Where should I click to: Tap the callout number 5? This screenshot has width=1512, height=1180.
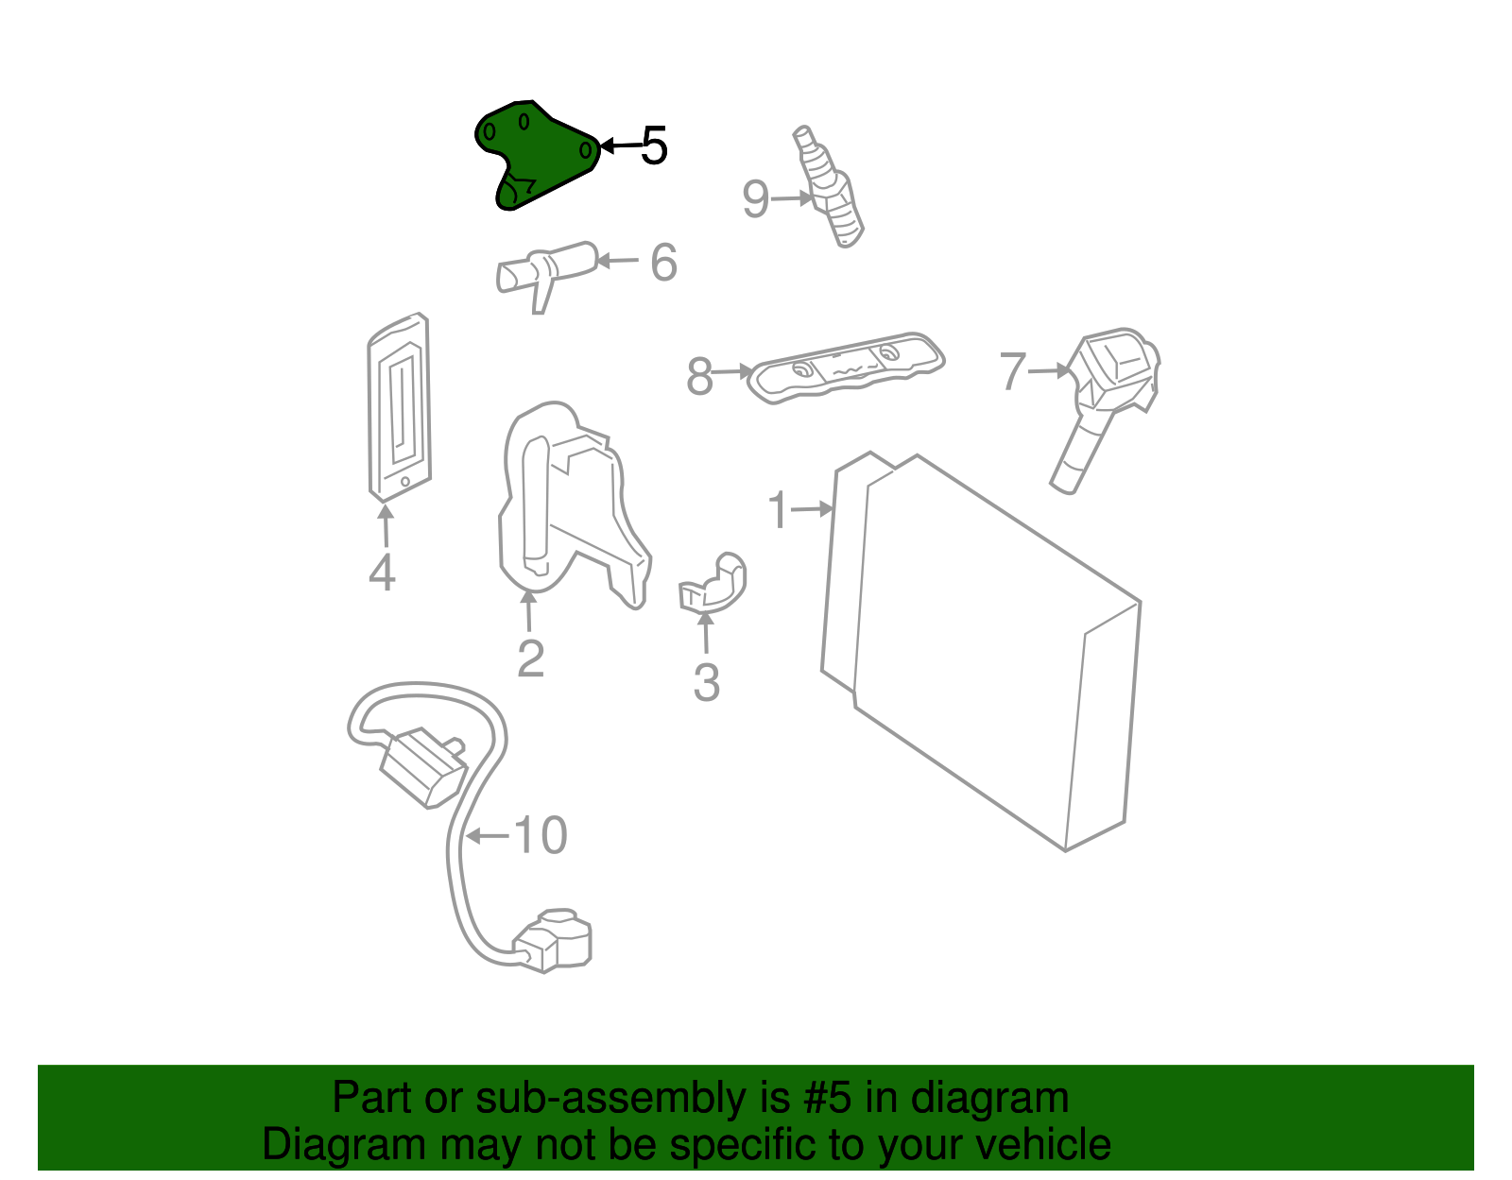pyautogui.click(x=654, y=146)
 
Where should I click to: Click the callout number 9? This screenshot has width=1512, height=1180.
pyautogui.click(x=755, y=199)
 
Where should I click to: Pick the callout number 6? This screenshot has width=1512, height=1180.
pyautogui.click(x=663, y=263)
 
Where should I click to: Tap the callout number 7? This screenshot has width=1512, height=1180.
pyautogui.click(x=1012, y=370)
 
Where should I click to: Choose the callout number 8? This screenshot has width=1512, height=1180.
pyautogui.click(x=699, y=376)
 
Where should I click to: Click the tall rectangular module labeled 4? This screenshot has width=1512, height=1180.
pyautogui.click(x=399, y=406)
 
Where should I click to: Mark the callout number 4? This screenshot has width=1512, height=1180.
pyautogui.click(x=382, y=573)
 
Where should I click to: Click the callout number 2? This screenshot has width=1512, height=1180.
pyautogui.click(x=530, y=658)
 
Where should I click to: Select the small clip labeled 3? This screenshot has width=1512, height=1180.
pyautogui.click(x=713, y=583)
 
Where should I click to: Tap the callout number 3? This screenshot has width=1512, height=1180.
pyautogui.click(x=706, y=682)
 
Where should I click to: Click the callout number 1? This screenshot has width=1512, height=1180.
pyautogui.click(x=778, y=510)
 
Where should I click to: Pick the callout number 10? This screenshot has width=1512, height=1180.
pyautogui.click(x=540, y=835)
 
